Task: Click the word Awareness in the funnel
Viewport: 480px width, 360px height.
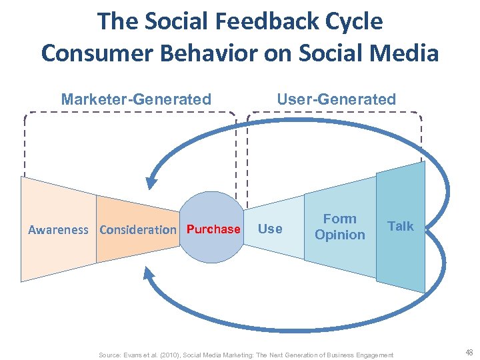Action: [58, 230]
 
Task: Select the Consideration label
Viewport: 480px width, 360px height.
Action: [137, 230]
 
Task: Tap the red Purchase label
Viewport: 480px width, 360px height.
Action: [213, 229]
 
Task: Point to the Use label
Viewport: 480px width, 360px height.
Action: [270, 229]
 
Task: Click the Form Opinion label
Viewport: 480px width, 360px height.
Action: [340, 227]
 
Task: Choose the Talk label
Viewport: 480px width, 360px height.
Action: [401, 227]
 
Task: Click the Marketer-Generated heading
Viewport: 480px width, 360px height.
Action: [136, 100]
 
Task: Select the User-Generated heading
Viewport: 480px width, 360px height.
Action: [336, 100]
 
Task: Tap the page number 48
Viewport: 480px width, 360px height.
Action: [469, 353]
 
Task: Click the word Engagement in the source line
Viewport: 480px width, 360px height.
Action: [373, 355]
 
